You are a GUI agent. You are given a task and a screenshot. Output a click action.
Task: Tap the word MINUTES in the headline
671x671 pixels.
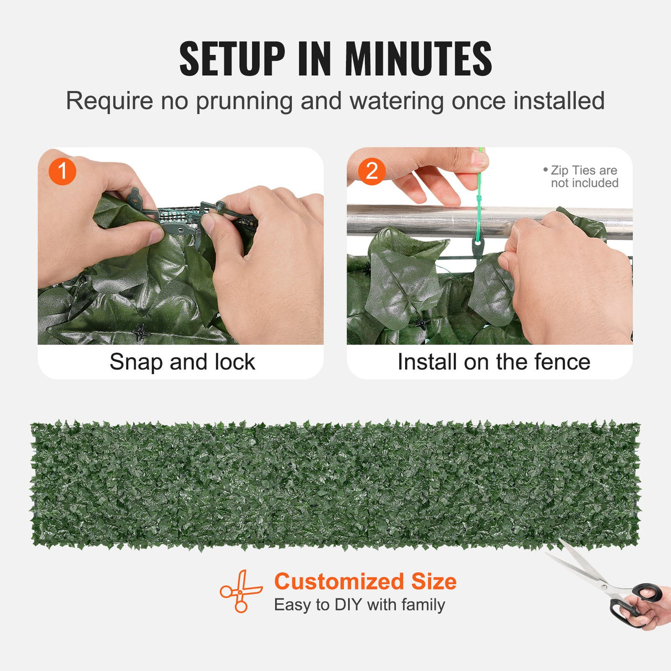click(x=418, y=59)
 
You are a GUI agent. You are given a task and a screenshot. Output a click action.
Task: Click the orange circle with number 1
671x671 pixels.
click(x=62, y=171)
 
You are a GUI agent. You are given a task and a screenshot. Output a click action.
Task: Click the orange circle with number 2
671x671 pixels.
click(x=371, y=171)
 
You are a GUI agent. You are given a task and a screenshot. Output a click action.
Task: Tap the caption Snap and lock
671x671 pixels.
click(x=182, y=362)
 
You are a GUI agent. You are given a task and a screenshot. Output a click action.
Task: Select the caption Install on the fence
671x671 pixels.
click(x=494, y=362)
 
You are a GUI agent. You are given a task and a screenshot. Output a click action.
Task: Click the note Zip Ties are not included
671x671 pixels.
click(x=583, y=177)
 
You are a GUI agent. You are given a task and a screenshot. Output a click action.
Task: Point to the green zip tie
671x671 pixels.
click(x=479, y=199)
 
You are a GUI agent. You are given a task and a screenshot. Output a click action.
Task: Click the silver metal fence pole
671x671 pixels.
click(x=420, y=220)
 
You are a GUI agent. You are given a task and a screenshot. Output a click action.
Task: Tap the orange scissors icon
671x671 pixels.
click(x=241, y=591)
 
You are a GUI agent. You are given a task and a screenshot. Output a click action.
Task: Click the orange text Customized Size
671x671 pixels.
click(x=365, y=581)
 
